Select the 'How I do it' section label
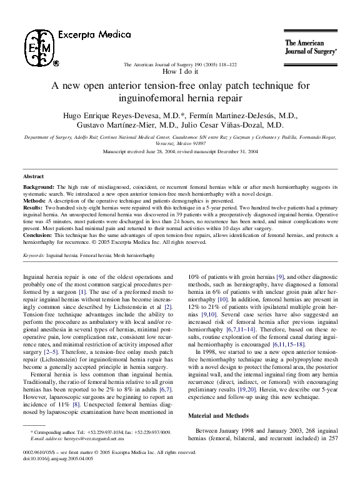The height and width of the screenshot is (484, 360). coord(180,73)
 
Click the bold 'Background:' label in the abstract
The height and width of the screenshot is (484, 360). coord(39,187)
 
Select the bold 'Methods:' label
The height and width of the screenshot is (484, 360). coord(36,201)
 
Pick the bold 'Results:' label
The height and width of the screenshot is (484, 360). coord(34,208)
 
